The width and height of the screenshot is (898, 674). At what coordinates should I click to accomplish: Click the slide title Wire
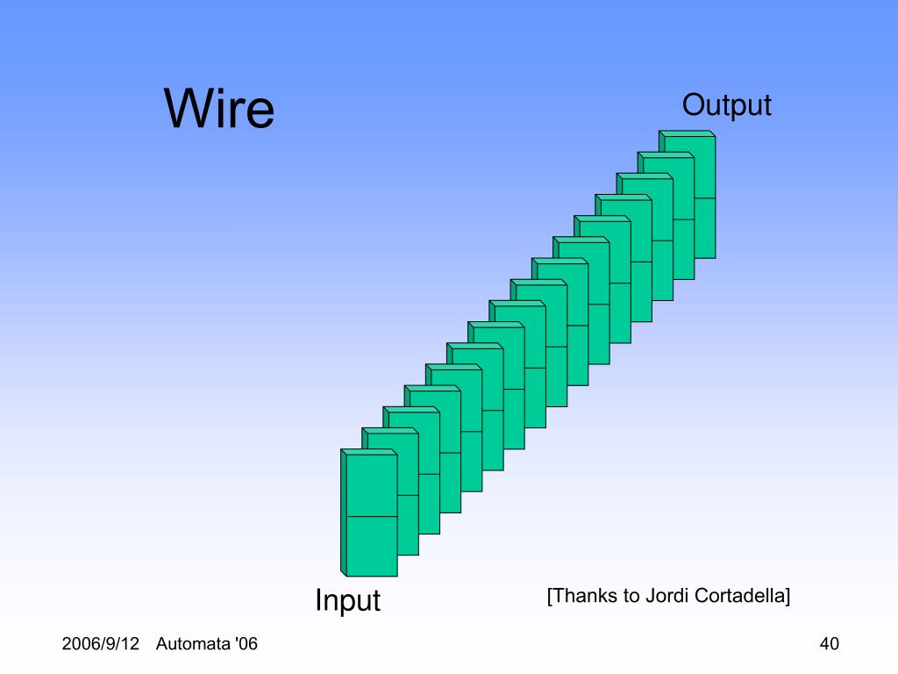coord(219,109)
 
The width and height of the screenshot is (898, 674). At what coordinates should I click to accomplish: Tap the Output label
coord(726,105)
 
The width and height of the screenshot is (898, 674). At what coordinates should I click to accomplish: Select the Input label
coord(347,601)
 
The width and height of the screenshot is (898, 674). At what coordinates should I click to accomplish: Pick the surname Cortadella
coord(741,596)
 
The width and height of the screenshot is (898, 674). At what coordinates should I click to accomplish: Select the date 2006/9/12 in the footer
coord(101,644)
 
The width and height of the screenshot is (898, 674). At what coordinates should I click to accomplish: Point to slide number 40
coord(829,644)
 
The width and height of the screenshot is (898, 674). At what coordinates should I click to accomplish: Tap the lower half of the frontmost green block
coord(368,546)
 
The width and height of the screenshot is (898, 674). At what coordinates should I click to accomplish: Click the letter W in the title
coord(187,109)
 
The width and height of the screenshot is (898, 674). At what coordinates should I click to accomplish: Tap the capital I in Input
coord(319,601)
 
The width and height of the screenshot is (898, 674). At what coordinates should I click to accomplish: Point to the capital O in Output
coord(693,105)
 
